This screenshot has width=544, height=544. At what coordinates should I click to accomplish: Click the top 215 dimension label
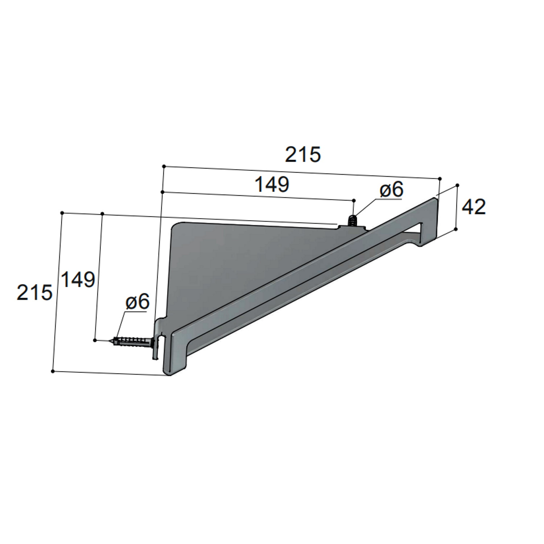pos(303,155)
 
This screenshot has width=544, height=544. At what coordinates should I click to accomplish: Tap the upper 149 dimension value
pos(272,184)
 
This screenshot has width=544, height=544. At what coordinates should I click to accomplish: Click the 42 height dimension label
pos(474,207)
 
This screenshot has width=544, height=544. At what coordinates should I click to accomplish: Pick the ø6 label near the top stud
pos(391,190)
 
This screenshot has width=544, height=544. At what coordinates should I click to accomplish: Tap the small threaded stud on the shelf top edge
pos(352,221)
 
